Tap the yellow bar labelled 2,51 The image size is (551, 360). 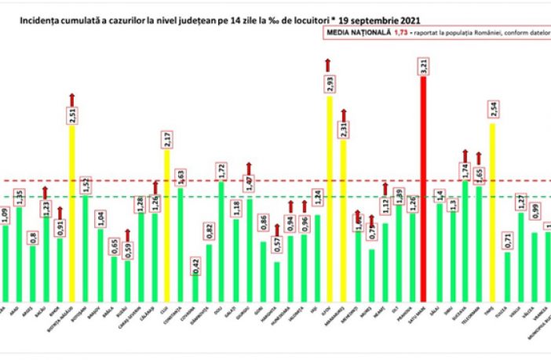[x=72, y=212]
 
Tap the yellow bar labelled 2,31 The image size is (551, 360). [x=344, y=220]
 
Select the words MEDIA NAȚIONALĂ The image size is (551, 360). [x=352, y=34]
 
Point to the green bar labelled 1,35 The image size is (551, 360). [x=19, y=251]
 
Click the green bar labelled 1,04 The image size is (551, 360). [x=100, y=263]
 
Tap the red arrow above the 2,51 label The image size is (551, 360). [x=72, y=97]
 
